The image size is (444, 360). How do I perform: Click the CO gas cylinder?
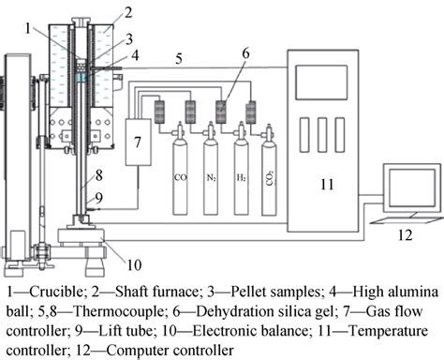coord(179,178)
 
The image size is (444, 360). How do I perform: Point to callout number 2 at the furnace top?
coord(128,12)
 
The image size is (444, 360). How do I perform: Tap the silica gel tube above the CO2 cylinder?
coord(252,111)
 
